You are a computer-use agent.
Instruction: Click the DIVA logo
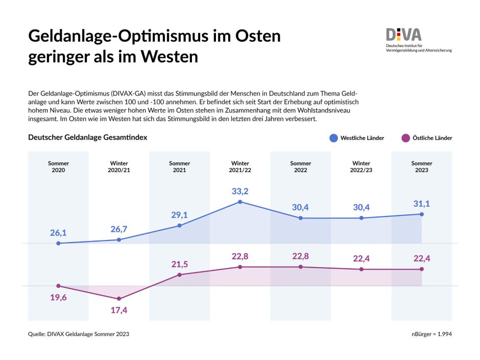pyautogui.click(x=404, y=35)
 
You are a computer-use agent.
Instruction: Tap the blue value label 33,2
pyautogui.click(x=240, y=191)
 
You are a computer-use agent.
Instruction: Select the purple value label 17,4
pyautogui.click(x=119, y=310)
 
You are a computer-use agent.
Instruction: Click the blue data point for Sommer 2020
pyautogui.click(x=58, y=244)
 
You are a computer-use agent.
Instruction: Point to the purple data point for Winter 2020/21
pyautogui.click(x=119, y=299)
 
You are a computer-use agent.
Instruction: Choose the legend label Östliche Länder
pyautogui.click(x=433, y=138)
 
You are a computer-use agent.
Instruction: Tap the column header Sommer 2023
pyautogui.click(x=421, y=166)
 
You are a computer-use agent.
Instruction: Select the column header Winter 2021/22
pyautogui.click(x=240, y=166)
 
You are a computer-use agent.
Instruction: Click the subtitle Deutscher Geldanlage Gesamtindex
pyautogui.click(x=87, y=137)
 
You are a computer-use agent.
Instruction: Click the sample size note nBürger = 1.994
pyautogui.click(x=431, y=334)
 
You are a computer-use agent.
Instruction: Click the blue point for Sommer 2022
pyautogui.click(x=301, y=218)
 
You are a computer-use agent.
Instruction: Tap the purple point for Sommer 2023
pyautogui.click(x=422, y=269)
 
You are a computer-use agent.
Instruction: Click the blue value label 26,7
pyautogui.click(x=119, y=229)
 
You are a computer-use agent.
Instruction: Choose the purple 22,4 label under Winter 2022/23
pyautogui.click(x=361, y=259)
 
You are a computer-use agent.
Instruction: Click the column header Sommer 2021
pyautogui.click(x=179, y=166)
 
